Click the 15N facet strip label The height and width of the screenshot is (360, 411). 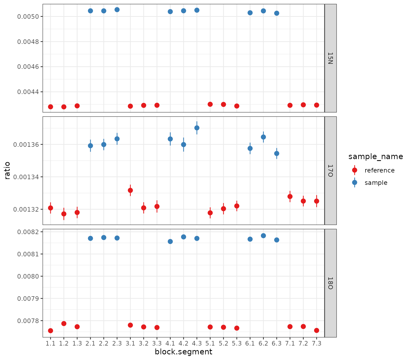[x=330, y=58]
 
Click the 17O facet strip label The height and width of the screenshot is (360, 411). [x=330, y=171]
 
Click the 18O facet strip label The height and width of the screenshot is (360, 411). [x=330, y=283]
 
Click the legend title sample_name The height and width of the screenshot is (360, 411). [x=375, y=156]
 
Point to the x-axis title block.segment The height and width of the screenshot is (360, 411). [x=183, y=352]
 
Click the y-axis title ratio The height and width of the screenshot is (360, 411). [x=7, y=170]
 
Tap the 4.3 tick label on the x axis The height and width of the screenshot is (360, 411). [x=197, y=343]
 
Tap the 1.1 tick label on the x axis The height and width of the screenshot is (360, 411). [x=51, y=343]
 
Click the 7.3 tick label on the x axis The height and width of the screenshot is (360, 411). [x=317, y=343]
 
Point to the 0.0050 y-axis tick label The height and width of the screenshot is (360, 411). [x=28, y=17]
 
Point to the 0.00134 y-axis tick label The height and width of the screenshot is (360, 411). [x=26, y=177]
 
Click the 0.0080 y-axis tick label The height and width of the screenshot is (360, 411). [x=28, y=276]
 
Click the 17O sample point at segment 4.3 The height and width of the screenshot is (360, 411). [x=197, y=128]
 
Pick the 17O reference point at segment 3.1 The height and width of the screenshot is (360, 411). [x=130, y=190]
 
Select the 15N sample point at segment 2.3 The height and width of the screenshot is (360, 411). [x=117, y=10]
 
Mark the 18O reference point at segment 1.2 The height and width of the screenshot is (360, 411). [x=64, y=324]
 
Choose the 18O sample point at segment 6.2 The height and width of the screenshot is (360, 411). [x=263, y=236]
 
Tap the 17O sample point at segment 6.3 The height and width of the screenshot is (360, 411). [x=277, y=153]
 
